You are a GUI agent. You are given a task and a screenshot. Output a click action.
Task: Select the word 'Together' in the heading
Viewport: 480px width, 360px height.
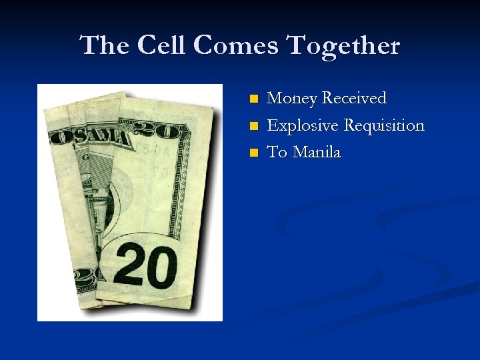coord(343,46)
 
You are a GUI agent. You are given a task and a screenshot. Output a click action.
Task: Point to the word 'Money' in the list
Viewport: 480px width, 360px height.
coord(291,99)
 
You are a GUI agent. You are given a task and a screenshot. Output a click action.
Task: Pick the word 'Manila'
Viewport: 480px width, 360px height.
coord(317,152)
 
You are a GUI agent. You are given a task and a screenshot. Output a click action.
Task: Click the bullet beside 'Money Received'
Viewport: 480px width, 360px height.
coord(253,99)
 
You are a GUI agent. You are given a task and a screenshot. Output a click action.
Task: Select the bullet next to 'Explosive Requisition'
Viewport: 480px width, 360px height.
coord(253,126)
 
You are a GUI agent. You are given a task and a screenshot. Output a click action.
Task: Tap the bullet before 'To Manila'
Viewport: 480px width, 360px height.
coord(253,153)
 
